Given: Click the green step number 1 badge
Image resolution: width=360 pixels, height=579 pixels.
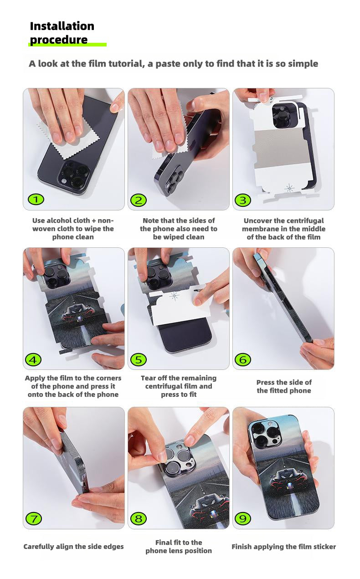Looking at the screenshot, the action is (x=36, y=200).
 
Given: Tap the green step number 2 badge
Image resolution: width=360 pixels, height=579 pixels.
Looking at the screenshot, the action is (x=139, y=200).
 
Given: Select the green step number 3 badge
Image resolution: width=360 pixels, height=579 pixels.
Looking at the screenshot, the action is (x=242, y=200).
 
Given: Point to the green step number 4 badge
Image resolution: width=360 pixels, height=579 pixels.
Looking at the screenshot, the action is (x=33, y=360).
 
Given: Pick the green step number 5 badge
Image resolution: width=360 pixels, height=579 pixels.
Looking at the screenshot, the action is (x=139, y=360).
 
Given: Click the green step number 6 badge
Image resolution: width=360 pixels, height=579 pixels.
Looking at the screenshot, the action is (x=242, y=360).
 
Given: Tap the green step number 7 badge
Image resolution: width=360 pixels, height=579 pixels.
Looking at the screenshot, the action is (x=34, y=518).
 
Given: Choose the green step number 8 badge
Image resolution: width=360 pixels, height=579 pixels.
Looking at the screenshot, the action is (x=139, y=518).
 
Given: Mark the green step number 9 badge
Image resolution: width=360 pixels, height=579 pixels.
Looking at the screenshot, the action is (x=242, y=518).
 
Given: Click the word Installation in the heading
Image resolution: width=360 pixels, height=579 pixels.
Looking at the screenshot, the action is (x=62, y=26).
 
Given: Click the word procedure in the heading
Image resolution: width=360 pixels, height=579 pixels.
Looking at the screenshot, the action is (x=59, y=40).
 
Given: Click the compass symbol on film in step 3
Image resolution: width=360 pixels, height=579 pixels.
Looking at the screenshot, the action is (x=289, y=188).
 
